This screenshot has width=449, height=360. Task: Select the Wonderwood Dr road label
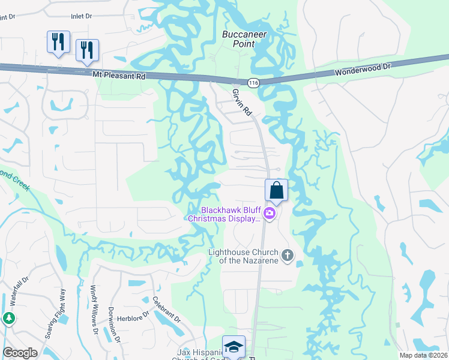pos(363,67)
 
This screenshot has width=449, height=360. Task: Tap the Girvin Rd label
pos(241,103)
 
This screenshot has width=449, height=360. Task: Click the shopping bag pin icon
pos(276,190)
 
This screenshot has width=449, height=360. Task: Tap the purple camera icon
pos(270,214)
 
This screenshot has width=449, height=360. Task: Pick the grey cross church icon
pos(287,256)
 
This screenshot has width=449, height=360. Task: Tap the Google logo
pos(20,353)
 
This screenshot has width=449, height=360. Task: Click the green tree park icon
pos(9,319)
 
